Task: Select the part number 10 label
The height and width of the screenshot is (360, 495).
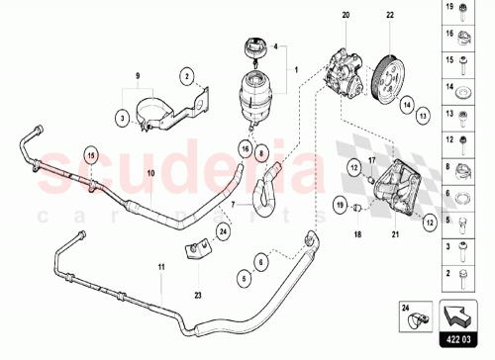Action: (x=151, y=172)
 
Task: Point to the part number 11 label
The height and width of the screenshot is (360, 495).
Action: (x=161, y=267)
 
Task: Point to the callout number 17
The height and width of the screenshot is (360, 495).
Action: (x=370, y=161)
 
